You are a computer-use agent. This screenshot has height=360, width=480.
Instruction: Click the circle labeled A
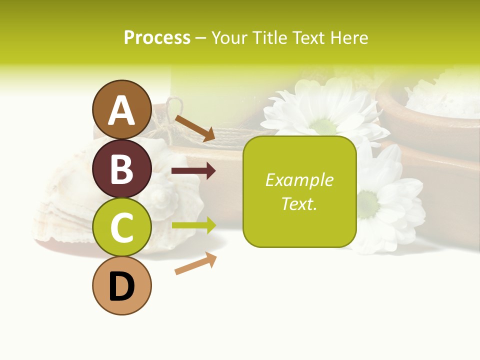tap(121, 109)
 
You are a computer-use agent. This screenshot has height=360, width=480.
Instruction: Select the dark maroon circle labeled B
tap(121, 168)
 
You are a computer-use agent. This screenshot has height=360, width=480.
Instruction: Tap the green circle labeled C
tap(121, 227)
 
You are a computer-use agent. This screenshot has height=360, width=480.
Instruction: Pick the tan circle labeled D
tap(121, 285)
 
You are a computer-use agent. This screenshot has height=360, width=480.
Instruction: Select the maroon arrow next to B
tap(193, 171)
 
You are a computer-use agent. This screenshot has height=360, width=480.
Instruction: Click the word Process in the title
tap(157, 38)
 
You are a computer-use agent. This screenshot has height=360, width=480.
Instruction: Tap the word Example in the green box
tap(299, 180)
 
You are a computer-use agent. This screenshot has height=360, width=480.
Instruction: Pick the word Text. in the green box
tap(299, 204)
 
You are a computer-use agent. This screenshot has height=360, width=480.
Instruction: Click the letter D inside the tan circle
tap(121, 287)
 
